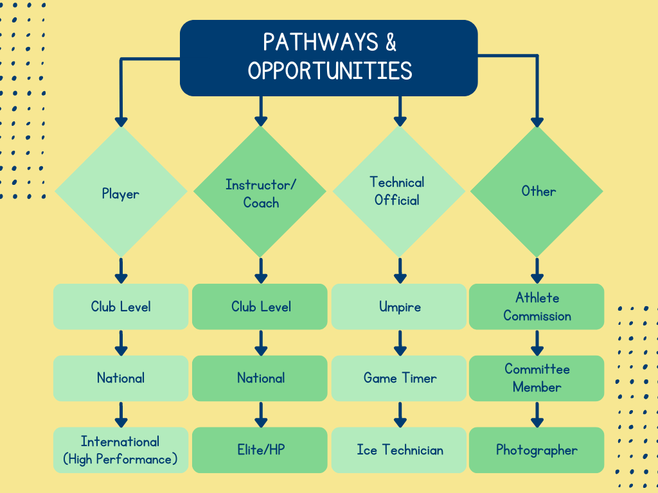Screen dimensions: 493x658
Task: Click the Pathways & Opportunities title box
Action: point(329,58)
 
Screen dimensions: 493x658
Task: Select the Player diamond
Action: point(121,192)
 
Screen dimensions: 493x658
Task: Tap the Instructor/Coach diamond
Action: point(260,192)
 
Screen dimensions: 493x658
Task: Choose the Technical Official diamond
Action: point(399,191)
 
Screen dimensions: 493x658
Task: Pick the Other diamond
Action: point(537,191)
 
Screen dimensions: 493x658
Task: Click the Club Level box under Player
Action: point(121,307)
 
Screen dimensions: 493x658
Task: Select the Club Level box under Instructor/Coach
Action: point(260,307)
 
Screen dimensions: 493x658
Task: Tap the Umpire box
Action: point(399,307)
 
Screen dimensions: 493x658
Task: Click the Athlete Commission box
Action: point(537,307)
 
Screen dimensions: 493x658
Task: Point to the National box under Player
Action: point(121,378)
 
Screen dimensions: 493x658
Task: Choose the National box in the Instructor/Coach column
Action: point(260,378)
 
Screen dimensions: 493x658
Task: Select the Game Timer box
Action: point(399,378)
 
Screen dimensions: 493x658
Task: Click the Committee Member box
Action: point(537,378)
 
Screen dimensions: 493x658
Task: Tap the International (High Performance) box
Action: point(121,450)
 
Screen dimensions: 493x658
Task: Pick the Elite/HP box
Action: point(260,450)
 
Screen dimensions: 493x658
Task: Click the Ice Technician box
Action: point(399,450)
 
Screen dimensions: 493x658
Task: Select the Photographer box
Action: point(537,450)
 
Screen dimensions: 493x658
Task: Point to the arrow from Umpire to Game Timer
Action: point(400,343)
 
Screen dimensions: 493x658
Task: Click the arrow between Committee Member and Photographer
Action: point(537,415)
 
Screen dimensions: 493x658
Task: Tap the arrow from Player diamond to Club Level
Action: point(121,271)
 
